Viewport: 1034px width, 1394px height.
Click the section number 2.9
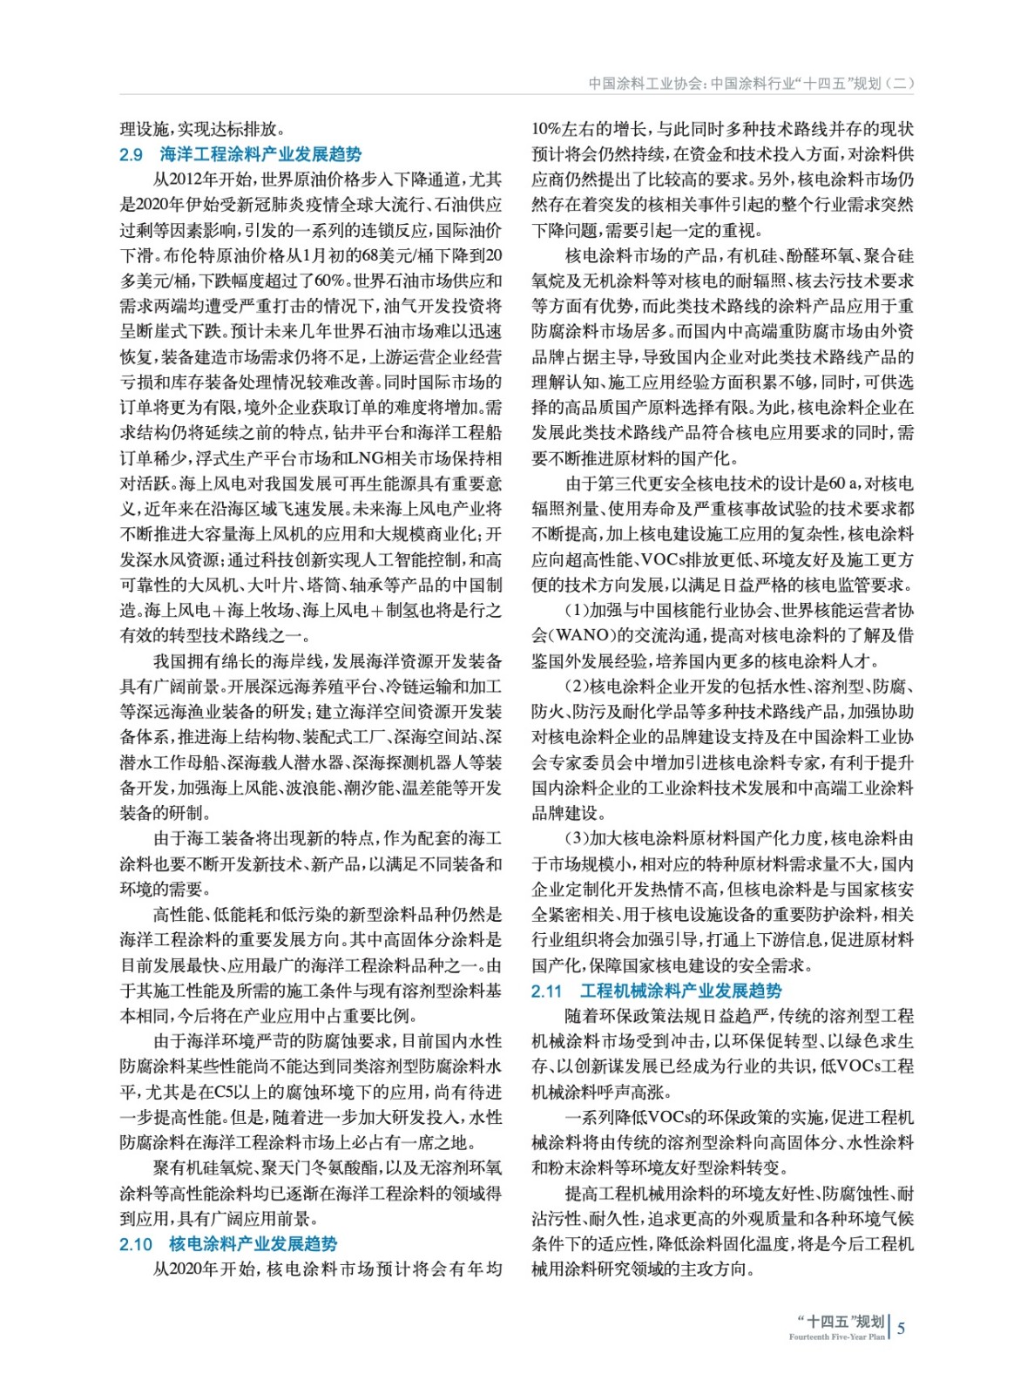pyautogui.click(x=131, y=155)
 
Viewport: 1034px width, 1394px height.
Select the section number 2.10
pyautogui.click(x=135, y=1244)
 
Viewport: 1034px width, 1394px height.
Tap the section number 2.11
pyautogui.click(x=547, y=991)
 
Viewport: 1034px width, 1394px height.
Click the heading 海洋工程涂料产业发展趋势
pyautogui.click(x=260, y=155)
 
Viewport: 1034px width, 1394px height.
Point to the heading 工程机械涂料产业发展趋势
pyautogui.click(x=681, y=991)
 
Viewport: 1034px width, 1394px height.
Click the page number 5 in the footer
pyautogui.click(x=902, y=1328)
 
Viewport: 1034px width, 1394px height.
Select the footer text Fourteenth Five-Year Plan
pyautogui.click(x=836, y=1336)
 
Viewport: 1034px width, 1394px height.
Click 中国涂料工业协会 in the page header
pyautogui.click(x=645, y=84)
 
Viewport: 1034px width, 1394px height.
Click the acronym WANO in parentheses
pyautogui.click(x=583, y=636)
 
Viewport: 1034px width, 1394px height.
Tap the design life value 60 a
pyautogui.click(x=844, y=484)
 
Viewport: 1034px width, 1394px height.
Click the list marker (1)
pyautogui.click(x=577, y=611)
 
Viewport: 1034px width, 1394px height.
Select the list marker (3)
pyautogui.click(x=577, y=838)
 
